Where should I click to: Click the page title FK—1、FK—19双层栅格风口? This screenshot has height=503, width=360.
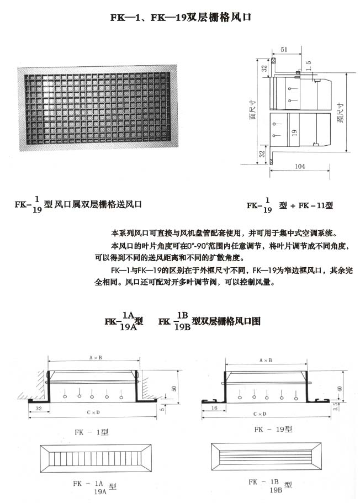click(x=181, y=17)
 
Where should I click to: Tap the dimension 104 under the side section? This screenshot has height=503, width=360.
click(x=300, y=166)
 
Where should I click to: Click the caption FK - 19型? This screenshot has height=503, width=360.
click(x=273, y=428)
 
